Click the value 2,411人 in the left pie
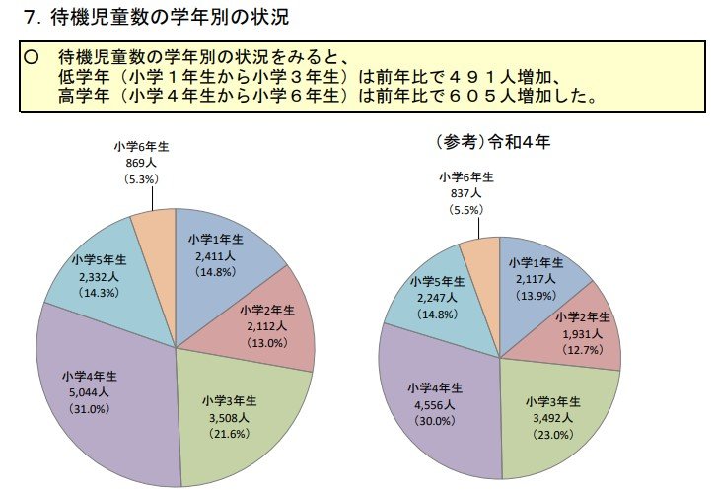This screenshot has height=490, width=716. tap(212, 254)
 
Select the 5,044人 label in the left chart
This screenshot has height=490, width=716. tap(83, 392)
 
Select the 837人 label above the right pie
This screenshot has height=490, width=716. tap(466, 193)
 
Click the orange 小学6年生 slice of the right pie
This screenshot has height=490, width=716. tap(479, 258)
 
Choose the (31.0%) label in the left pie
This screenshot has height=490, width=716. tap(83, 408)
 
